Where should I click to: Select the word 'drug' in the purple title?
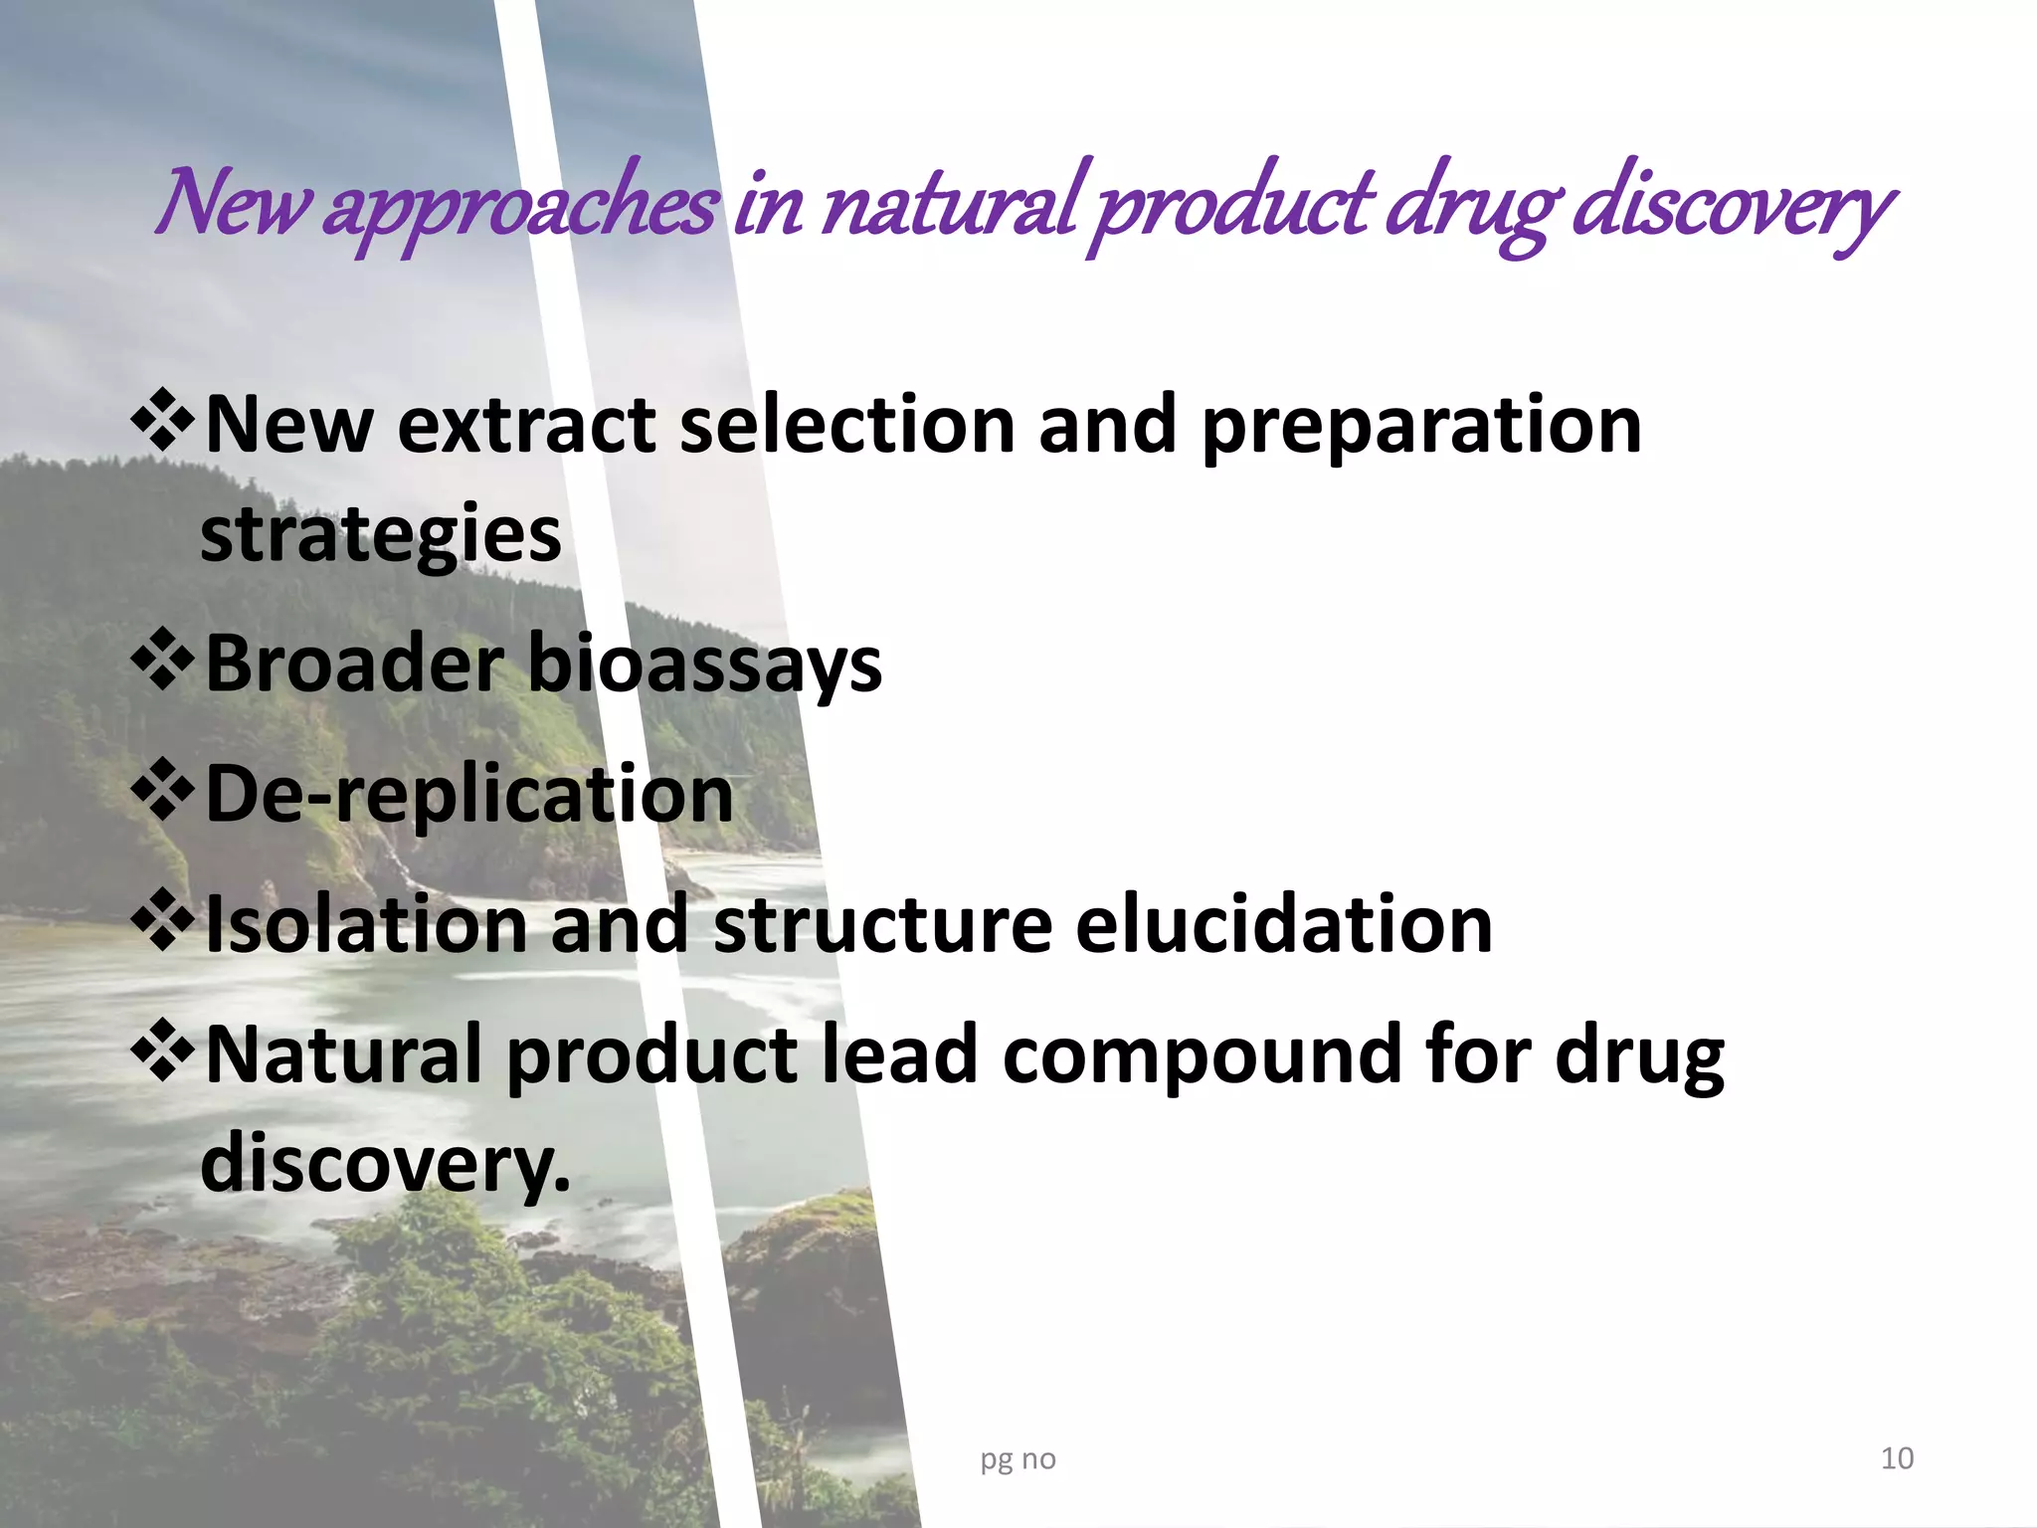(x=1470, y=207)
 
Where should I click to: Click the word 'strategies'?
(x=381, y=535)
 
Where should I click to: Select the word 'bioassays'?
(x=704, y=666)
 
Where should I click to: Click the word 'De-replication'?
(x=469, y=795)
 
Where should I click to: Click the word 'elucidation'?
(x=1284, y=924)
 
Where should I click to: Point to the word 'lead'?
(x=900, y=1053)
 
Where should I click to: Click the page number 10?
(x=1897, y=1458)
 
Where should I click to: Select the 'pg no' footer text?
(x=1018, y=1459)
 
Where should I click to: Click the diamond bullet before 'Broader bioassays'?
(x=163, y=662)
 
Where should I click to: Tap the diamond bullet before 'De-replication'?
(x=163, y=792)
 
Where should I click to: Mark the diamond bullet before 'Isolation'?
(x=163, y=922)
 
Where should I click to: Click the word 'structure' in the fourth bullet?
(x=882, y=924)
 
